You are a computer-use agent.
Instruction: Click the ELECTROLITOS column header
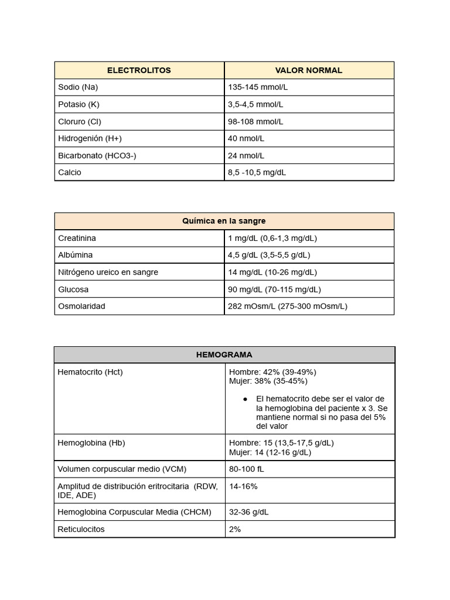[139, 70]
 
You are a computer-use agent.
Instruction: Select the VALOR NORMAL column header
[309, 70]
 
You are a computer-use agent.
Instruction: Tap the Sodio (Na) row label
[78, 87]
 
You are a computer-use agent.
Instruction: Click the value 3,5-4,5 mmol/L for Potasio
[255, 104]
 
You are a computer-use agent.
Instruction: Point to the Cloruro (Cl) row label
[80, 121]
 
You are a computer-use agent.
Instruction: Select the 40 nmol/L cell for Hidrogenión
[246, 138]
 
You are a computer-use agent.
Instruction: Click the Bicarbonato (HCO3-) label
[97, 155]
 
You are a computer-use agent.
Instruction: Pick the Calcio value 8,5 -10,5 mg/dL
[257, 172]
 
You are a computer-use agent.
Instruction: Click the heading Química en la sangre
[224, 221]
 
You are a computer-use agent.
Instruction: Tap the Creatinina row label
[77, 238]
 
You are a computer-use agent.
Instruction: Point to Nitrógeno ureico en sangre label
[108, 272]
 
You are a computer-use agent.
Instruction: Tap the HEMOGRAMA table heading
[224, 354]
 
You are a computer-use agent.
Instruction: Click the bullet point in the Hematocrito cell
[245, 399]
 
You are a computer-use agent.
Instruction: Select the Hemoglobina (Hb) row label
[91, 443]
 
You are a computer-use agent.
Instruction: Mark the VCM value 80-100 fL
[247, 469]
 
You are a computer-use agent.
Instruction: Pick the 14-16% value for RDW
[243, 486]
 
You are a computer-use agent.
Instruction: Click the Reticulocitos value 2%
[235, 529]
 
